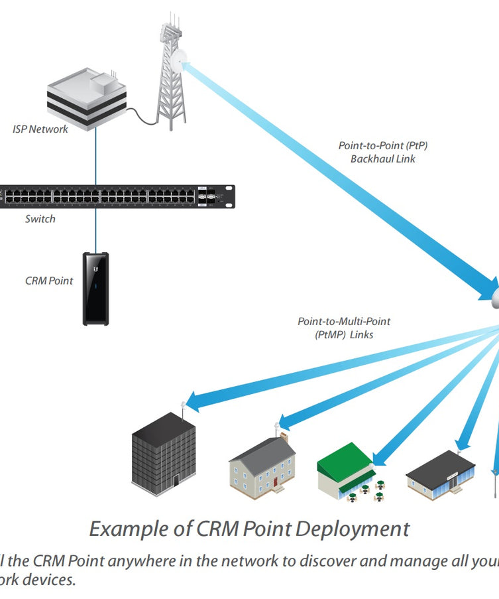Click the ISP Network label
40,129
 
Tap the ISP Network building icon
86,100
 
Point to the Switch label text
40,219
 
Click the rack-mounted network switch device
117,196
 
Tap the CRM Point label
49,281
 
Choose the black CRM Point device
95,289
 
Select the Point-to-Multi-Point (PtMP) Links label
344,328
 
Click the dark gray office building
164,454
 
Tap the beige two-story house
262,468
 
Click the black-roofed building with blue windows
441,473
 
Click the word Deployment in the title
352,529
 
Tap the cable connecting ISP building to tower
140,115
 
